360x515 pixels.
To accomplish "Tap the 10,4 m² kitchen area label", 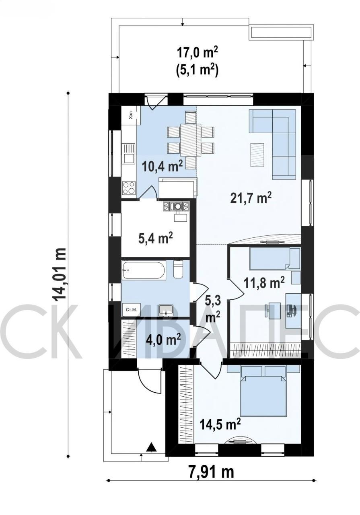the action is pos(162,166).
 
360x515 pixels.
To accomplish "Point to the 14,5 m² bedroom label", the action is pos(220,424).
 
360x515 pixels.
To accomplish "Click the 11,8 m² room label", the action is pos(264,282).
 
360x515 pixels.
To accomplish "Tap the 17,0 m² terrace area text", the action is pos(197,53).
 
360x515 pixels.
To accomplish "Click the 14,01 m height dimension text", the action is pos(59,274).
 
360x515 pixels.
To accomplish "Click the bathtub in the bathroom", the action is pos(144,270).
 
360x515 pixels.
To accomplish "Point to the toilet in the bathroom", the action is pos(178,269).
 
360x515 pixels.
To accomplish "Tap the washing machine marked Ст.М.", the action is pos(131,310).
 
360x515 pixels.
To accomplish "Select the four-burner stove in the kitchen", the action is pos(129,188).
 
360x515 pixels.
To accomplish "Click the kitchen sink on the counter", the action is pos(128,153).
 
